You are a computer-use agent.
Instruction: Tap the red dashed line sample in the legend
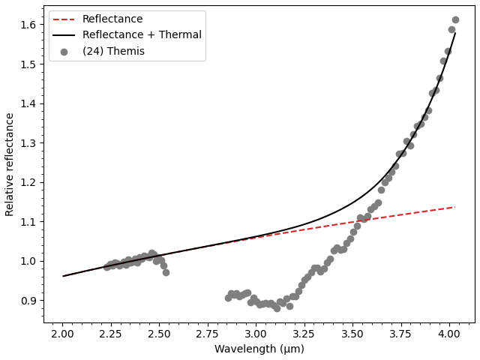64,19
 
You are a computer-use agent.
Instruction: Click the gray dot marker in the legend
64,52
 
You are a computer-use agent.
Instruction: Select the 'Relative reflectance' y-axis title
10,164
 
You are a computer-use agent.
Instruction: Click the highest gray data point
455,20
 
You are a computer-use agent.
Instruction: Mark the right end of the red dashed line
454,207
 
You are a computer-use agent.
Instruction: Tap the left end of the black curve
63,276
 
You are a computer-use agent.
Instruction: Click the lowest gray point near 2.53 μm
166,272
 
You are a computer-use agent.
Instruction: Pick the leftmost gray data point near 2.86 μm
228,298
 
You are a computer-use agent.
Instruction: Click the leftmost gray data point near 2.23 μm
106,267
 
